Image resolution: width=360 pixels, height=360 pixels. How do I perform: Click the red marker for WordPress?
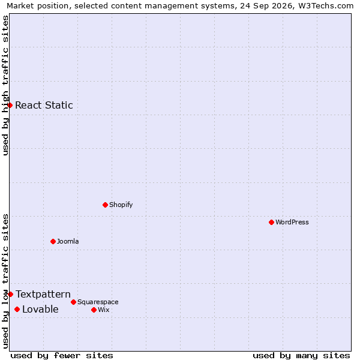(x=271, y=222)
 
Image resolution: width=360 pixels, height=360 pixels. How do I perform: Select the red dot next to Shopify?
(x=105, y=205)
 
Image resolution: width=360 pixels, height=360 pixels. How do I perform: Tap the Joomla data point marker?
(x=53, y=242)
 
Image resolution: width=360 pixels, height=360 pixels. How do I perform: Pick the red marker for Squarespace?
(x=73, y=302)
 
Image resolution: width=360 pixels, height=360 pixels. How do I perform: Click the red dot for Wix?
(x=94, y=310)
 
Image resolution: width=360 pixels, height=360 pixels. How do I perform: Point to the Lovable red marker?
(x=17, y=310)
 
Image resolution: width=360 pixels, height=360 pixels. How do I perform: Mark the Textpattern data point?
(x=10, y=295)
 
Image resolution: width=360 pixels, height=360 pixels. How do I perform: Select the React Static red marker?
(x=10, y=106)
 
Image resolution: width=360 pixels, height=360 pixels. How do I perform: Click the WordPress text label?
(x=292, y=222)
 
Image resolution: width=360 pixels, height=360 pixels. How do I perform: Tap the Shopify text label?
(x=121, y=205)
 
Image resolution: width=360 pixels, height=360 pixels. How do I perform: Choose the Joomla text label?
(x=68, y=242)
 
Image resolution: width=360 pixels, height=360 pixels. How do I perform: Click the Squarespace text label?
(x=98, y=302)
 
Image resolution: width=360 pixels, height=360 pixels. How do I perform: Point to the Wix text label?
(x=104, y=310)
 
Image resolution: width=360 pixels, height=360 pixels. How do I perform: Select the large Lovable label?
(x=40, y=310)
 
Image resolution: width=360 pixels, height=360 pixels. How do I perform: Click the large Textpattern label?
(x=43, y=295)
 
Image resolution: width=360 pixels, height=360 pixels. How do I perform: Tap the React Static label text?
(x=44, y=106)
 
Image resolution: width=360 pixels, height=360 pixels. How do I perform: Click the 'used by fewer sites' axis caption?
(x=62, y=356)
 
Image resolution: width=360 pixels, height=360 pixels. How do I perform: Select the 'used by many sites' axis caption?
(x=301, y=356)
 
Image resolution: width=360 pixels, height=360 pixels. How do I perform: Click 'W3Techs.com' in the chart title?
(x=326, y=6)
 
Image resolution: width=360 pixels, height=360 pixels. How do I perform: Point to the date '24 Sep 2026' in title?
(x=267, y=6)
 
